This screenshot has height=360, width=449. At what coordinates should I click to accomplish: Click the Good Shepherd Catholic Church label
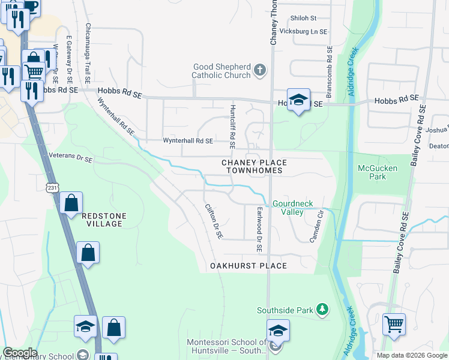point(221,71)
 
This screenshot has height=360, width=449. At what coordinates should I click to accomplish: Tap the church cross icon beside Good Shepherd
point(260,71)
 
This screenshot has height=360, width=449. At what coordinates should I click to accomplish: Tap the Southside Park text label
point(285,310)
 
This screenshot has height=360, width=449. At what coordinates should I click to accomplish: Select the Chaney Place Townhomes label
point(254,166)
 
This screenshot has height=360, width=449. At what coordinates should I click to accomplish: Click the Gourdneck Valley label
point(293,208)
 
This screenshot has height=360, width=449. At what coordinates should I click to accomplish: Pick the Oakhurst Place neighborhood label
point(248,265)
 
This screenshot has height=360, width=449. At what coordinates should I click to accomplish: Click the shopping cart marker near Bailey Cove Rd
point(394,325)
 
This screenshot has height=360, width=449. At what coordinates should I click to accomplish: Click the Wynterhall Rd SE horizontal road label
point(188,141)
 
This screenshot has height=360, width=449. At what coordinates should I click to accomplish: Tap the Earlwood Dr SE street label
point(260,229)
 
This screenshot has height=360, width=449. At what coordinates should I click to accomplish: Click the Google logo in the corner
point(20,353)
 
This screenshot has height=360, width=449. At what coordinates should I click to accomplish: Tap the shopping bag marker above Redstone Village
point(71,203)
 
